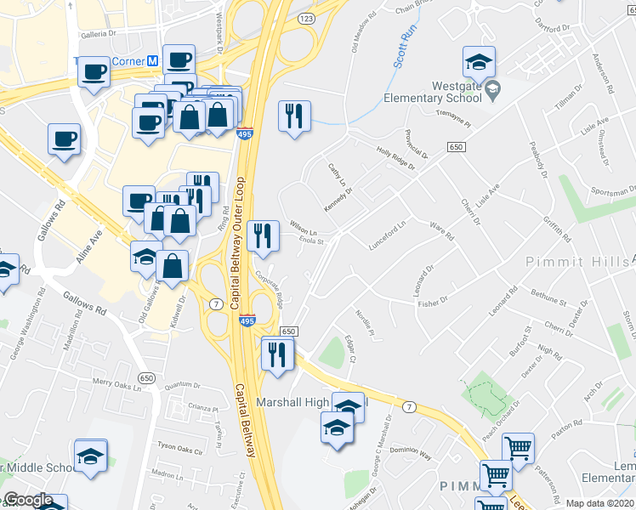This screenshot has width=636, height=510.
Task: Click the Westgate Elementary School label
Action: tap(432, 92)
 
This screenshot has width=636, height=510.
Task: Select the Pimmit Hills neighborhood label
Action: tap(576, 261)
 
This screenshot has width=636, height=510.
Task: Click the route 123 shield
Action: tap(307, 17)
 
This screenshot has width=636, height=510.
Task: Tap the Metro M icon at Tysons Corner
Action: tap(153, 61)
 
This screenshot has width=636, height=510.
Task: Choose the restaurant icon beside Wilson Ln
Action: tap(262, 235)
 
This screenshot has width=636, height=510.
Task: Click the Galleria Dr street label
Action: tap(96, 34)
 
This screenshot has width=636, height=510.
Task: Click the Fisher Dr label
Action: tap(433, 302)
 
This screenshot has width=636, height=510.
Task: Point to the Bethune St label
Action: tap(549, 300)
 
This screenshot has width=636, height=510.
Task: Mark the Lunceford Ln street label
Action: tap(389, 230)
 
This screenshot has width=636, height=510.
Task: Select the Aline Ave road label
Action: tap(89, 246)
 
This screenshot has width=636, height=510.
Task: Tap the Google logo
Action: tap(27, 501)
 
